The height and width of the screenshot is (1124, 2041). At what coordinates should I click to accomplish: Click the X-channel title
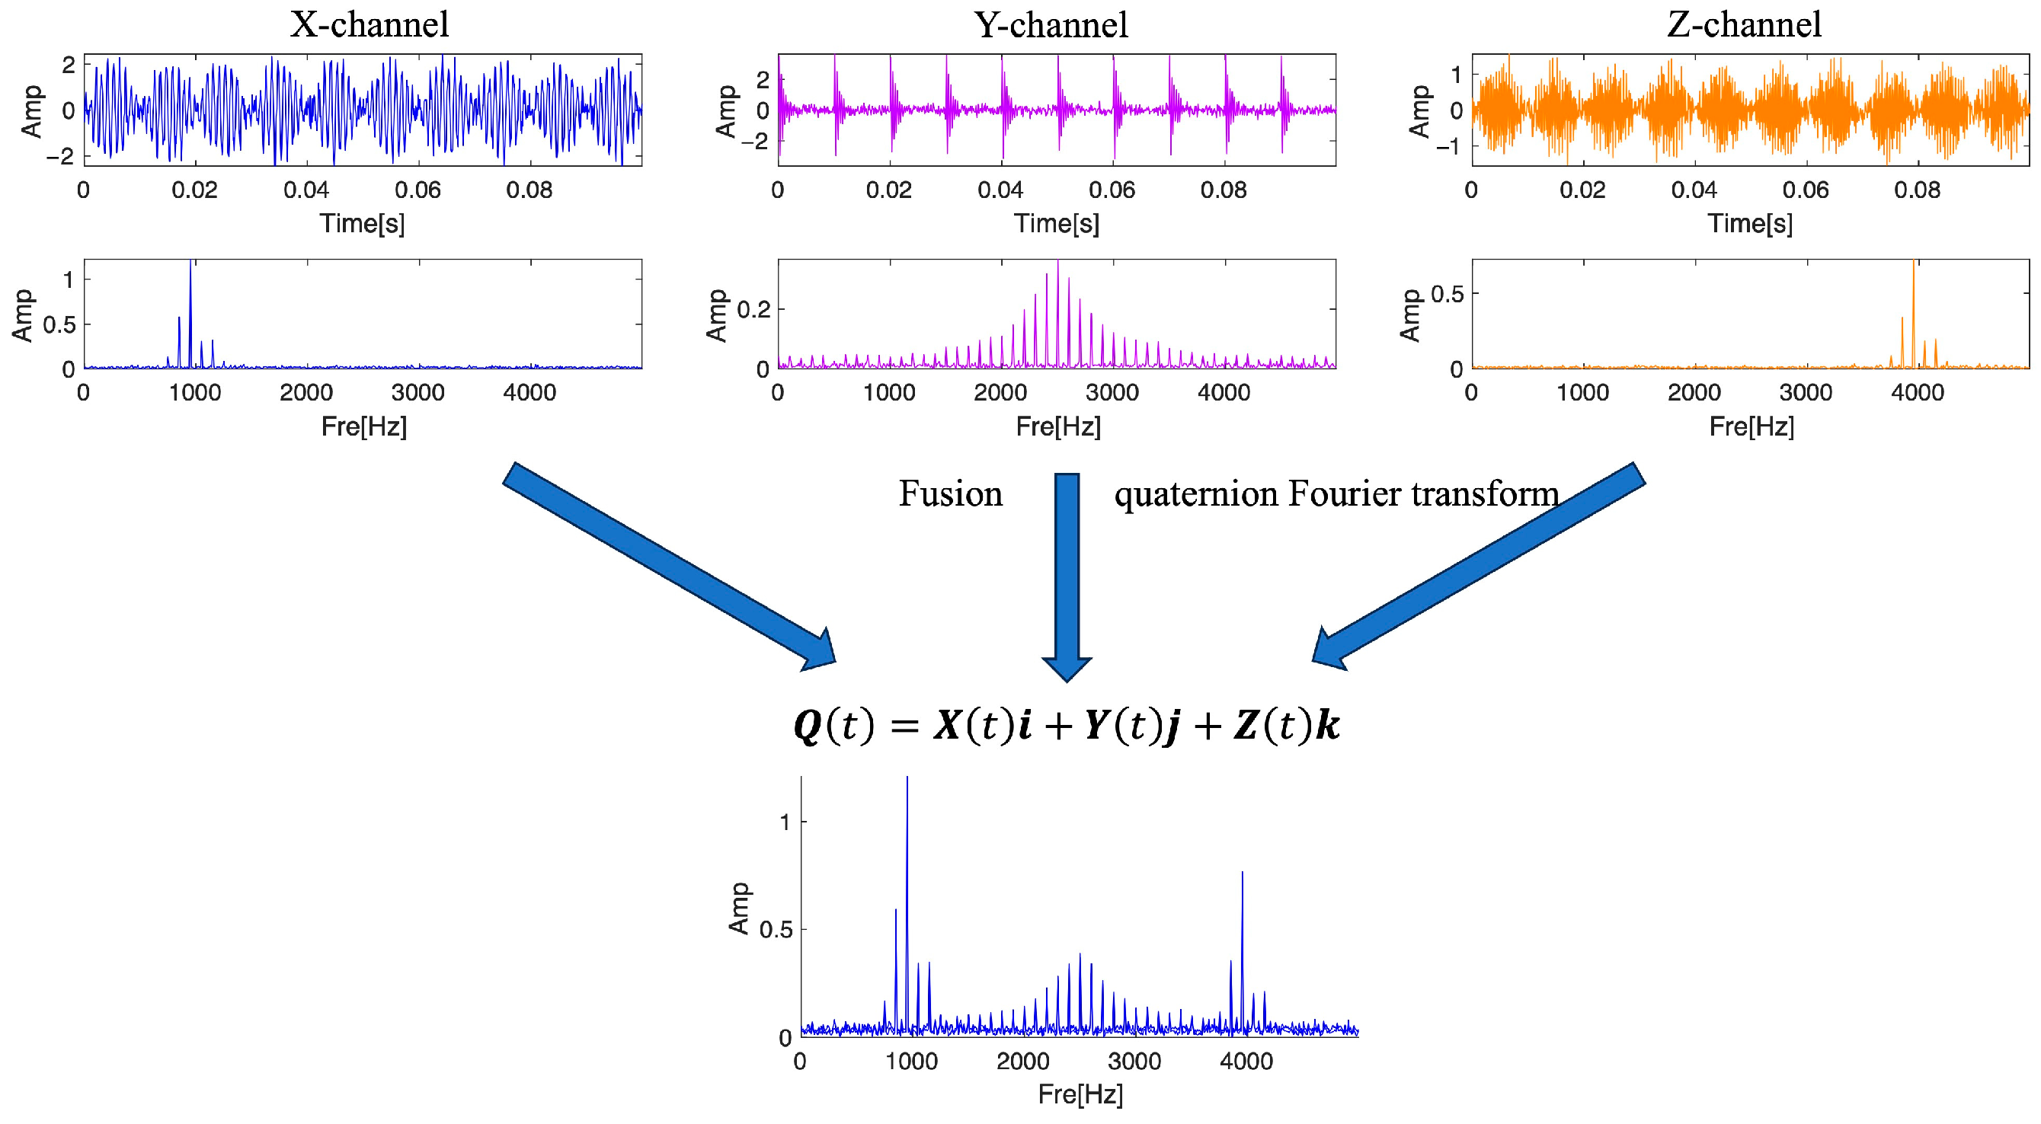tap(369, 24)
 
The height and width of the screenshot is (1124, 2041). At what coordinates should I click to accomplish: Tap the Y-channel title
tap(1051, 24)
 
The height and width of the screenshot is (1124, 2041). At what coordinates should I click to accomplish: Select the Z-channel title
tap(1744, 24)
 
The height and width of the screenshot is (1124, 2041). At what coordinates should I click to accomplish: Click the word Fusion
tap(950, 493)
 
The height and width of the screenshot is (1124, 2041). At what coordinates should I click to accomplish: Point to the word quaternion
tap(1195, 495)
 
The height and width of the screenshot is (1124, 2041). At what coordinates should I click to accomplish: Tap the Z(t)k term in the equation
tap(1286, 725)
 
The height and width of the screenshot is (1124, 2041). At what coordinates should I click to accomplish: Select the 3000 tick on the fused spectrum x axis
tap(1134, 1062)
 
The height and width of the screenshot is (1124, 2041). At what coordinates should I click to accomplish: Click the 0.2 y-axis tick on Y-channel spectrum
tap(753, 309)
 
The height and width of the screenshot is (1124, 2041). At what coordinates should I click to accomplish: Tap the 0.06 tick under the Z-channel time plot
tap(1805, 190)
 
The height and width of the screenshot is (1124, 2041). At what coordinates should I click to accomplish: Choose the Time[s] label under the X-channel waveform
tap(362, 223)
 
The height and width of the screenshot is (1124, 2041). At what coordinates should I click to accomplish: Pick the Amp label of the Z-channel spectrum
tap(1409, 315)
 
